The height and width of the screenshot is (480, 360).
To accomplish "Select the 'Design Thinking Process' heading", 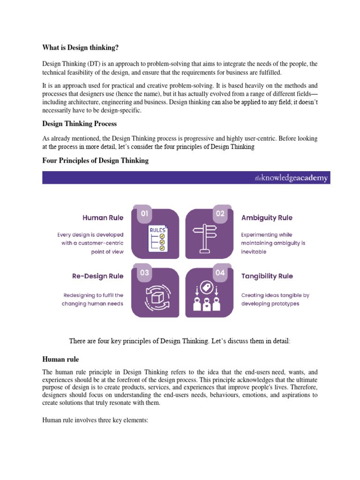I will click(79, 124).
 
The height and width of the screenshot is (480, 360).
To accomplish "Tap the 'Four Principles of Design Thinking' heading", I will click(95, 160).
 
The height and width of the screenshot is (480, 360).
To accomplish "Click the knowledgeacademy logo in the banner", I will click(291, 178).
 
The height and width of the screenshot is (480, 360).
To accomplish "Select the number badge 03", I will click(144, 273).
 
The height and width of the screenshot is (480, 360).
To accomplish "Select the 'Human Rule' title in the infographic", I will click(103, 217).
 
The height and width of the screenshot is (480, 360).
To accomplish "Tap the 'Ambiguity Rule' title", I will click(267, 217).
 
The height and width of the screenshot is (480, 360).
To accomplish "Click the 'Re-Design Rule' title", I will click(98, 276).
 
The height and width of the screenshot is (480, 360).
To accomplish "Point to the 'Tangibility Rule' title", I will click(267, 276).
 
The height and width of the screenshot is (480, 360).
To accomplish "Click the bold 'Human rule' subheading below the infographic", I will click(60, 359).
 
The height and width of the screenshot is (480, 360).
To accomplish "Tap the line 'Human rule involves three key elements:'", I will click(95, 421).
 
